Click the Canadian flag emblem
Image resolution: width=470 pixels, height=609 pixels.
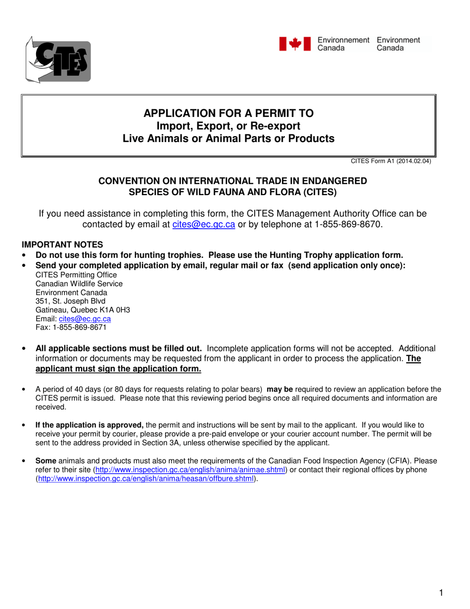click(295, 44)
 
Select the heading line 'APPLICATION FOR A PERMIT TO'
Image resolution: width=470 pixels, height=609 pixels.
click(228, 113)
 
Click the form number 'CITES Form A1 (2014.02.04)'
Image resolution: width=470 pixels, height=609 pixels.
click(391, 161)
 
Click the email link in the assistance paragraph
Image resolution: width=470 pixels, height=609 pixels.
click(200, 225)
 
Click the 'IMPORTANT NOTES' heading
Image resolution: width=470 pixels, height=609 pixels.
click(62, 245)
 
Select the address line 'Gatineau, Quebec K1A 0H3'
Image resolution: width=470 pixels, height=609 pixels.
click(83, 310)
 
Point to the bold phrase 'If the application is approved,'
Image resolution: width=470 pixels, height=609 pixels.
click(90, 425)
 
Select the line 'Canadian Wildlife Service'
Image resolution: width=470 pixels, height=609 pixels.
click(79, 284)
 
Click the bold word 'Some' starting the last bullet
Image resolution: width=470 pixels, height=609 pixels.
click(45, 460)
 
